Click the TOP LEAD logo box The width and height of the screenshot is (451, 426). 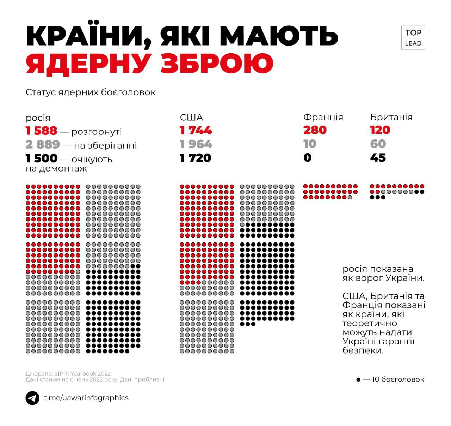[413, 37]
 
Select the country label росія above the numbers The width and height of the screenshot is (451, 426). [38, 118]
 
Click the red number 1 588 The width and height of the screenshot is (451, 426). [41, 131]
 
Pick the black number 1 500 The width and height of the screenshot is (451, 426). [41, 158]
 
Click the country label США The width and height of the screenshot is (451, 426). [191, 118]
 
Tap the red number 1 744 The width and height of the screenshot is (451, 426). [196, 131]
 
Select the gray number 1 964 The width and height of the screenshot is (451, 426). [196, 144]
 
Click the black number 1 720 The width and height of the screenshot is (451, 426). [196, 158]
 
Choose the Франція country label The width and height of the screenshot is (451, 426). [323, 117]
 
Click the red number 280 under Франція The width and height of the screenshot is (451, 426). [315, 130]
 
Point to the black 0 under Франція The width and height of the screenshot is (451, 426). [308, 157]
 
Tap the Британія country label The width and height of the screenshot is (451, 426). [391, 117]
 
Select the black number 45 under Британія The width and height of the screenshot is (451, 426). [378, 157]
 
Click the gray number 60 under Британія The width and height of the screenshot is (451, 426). [378, 144]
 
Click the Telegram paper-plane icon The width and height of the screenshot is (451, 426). [32, 398]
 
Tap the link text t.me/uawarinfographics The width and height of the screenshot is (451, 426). [86, 398]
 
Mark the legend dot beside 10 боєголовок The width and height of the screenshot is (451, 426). [358, 380]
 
